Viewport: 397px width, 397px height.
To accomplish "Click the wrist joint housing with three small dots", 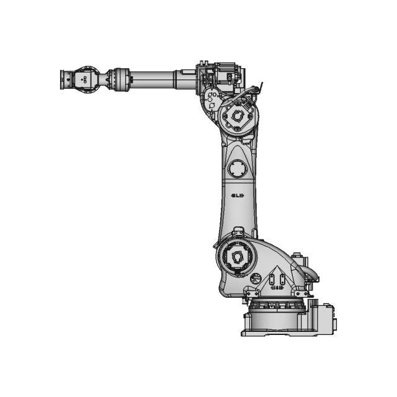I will point(83,79).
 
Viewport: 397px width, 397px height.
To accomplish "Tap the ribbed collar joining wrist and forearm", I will point(118,79).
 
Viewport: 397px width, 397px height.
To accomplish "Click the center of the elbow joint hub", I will point(236,116).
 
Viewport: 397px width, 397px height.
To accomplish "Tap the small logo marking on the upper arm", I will point(237,196).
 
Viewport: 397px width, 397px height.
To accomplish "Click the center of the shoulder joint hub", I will point(234,256).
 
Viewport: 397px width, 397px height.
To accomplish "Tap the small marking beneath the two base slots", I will point(279,288).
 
